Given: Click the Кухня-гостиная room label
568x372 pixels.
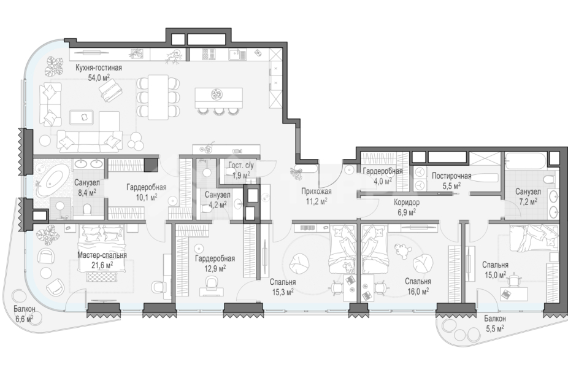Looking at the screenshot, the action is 99,68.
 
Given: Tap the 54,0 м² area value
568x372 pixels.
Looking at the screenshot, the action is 99,77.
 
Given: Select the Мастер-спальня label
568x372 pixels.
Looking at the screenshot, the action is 102,255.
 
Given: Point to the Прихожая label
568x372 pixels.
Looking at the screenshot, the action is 317,191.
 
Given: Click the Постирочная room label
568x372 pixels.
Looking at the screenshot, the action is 451,176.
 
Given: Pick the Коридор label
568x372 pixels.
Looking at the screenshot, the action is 407,203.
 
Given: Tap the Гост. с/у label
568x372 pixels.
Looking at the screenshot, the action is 241,166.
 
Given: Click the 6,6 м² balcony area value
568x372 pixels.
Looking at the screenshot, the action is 25,319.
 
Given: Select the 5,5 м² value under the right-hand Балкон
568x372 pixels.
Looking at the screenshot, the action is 495,328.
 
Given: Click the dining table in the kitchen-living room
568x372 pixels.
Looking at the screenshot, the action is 158,97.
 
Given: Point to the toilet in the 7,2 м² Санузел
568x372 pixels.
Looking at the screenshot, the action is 549,179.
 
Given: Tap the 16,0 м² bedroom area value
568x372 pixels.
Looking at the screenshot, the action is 418,291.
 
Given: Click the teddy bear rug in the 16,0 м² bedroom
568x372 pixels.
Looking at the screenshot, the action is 401,251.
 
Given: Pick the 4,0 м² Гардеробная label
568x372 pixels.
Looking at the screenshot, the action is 383,180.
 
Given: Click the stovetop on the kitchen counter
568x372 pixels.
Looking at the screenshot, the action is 209,55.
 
